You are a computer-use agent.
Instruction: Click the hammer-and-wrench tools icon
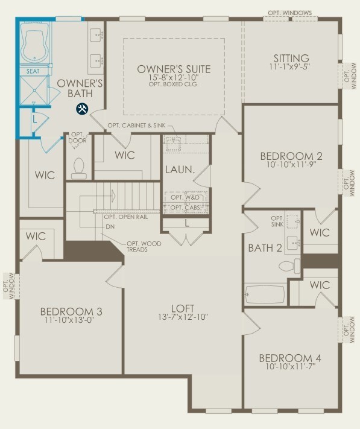81,109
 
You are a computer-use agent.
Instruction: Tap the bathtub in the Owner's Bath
35,43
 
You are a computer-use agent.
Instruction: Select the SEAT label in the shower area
33,71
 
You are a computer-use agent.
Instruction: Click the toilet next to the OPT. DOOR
79,168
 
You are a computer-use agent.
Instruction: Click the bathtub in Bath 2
265,294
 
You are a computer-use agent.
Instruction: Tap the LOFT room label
183,308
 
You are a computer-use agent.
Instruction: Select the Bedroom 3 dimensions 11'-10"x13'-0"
71,320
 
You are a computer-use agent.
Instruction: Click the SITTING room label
291,58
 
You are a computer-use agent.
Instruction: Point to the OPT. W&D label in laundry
185,197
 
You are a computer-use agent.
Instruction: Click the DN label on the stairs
110,227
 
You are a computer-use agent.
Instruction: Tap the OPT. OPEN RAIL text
126,217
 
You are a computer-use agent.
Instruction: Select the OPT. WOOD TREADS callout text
144,247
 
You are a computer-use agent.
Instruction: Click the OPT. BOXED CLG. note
174,84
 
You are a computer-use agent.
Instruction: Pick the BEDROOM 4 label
290,358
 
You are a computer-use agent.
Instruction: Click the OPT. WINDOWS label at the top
290,13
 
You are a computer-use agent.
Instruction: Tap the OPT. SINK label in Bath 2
277,221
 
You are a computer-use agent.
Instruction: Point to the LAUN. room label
180,170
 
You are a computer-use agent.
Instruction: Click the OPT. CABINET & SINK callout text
136,126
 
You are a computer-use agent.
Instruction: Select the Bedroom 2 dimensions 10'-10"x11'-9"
291,165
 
